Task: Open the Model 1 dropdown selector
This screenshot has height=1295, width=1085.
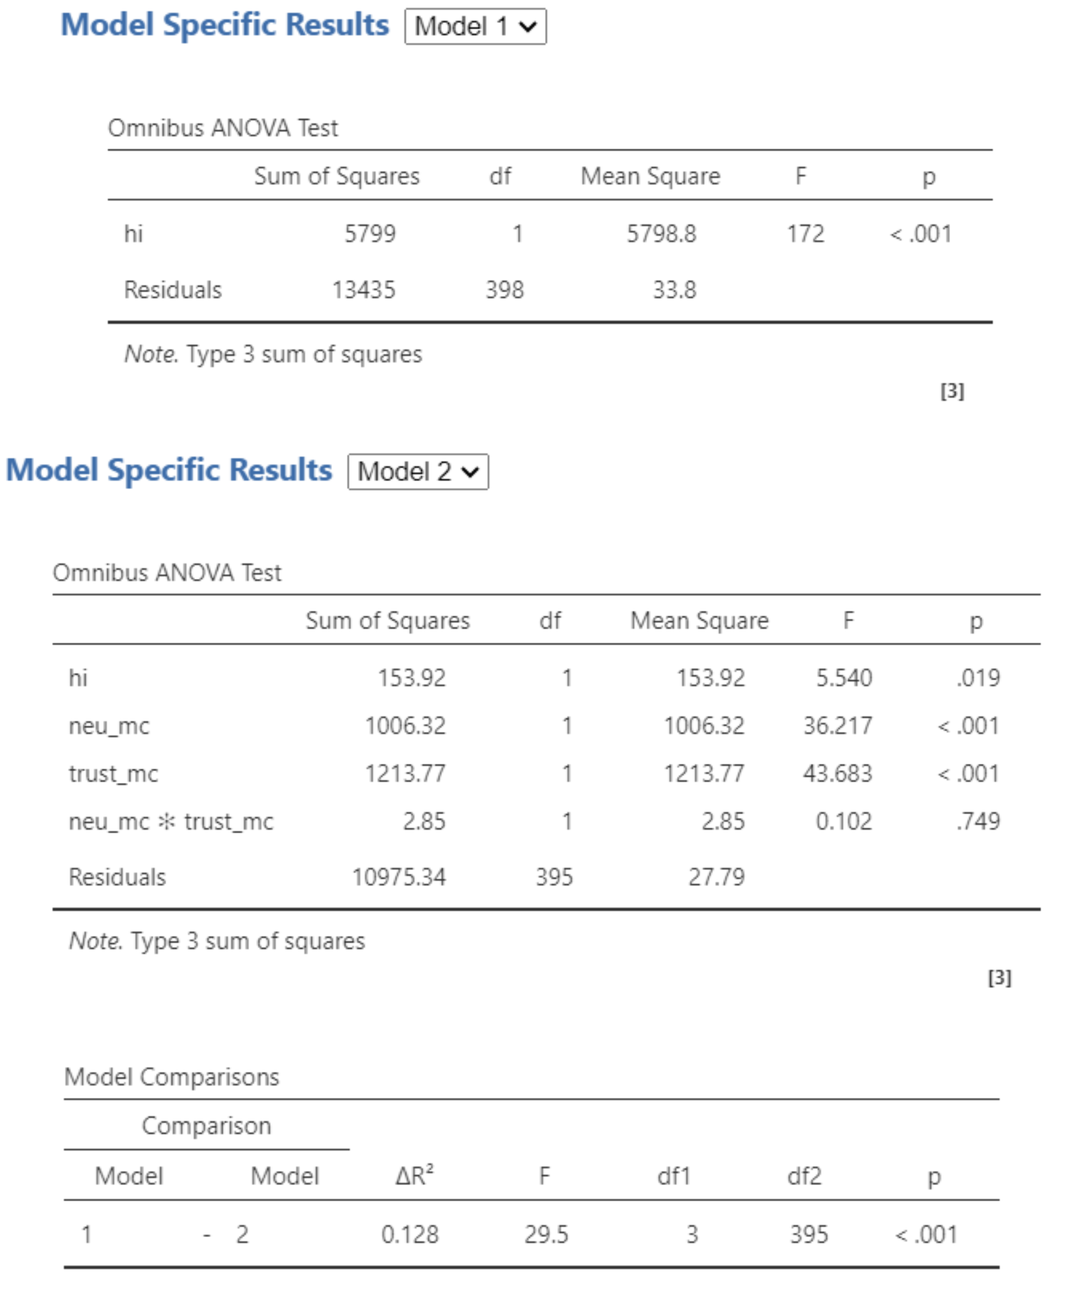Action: pyautogui.click(x=475, y=26)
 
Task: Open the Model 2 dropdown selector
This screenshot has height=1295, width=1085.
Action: pyautogui.click(x=418, y=472)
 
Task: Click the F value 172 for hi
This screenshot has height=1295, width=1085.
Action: pyautogui.click(x=805, y=233)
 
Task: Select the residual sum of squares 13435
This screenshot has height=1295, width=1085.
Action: pyautogui.click(x=364, y=290)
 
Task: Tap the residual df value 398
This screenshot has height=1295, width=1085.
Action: pyautogui.click(x=504, y=290)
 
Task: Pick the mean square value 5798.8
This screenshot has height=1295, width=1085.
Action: pyautogui.click(x=662, y=233)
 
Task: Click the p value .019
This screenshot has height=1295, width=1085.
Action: pyautogui.click(x=979, y=678)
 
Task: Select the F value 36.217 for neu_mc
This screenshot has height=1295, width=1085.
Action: pyautogui.click(x=837, y=726)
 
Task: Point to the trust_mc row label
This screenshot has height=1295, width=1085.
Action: pyautogui.click(x=113, y=773)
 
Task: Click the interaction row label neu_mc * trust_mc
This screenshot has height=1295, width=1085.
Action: pyautogui.click(x=171, y=822)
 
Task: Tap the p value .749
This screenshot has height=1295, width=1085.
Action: pyautogui.click(x=979, y=822)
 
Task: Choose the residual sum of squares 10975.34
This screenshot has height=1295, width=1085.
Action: pyautogui.click(x=398, y=877)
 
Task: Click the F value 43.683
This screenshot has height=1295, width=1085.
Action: pyautogui.click(x=837, y=773)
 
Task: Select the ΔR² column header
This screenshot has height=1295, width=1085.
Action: pyautogui.click(x=414, y=1176)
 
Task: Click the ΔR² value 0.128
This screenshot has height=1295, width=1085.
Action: pyautogui.click(x=410, y=1235)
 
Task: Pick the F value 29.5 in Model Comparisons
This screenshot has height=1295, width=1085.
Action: pyautogui.click(x=546, y=1235)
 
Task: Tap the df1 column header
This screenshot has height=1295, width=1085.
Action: pyautogui.click(x=674, y=1176)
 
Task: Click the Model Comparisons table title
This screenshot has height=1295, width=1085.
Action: pyautogui.click(x=172, y=1077)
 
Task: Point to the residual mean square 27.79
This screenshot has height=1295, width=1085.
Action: pyautogui.click(x=716, y=877)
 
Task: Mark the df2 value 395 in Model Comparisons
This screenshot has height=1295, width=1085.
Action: pyautogui.click(x=809, y=1235)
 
